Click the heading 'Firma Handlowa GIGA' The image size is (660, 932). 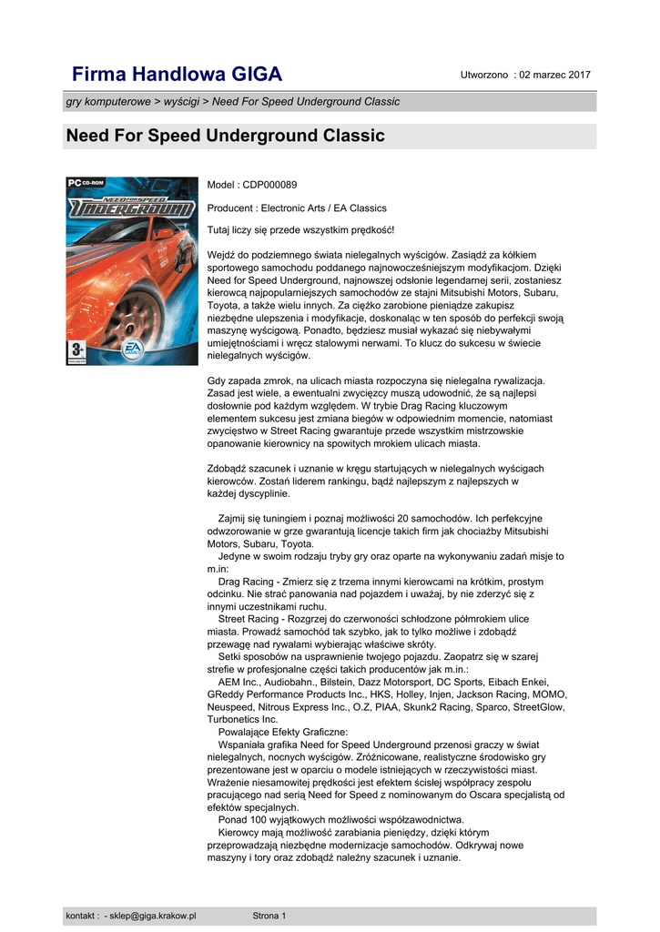click(178, 74)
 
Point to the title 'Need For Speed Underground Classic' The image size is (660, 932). click(226, 137)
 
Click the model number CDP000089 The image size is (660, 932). click(269, 185)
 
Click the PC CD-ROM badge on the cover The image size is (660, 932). click(85, 183)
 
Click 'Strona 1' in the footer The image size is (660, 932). click(269, 916)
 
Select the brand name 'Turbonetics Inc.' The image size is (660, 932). click(243, 719)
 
